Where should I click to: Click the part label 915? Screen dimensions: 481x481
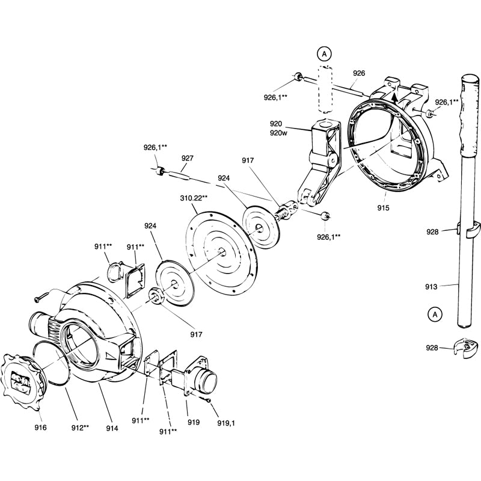[x=384, y=208]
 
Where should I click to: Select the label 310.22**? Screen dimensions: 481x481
[x=194, y=197]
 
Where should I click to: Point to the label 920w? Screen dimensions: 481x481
[x=278, y=133]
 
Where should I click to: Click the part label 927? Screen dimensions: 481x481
[x=188, y=158]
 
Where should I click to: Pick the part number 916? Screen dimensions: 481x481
[x=40, y=427]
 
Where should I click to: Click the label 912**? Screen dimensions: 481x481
[x=78, y=427]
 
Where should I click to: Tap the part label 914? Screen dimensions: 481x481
[x=112, y=427]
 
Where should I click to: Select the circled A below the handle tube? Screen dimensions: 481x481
[x=434, y=313]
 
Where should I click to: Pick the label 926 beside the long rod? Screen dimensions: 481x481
[x=359, y=73]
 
